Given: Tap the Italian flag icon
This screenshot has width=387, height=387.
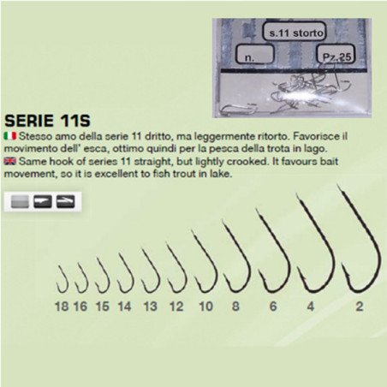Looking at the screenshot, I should [x=9, y=136].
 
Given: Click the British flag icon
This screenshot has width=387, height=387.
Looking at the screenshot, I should [x=9, y=162].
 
